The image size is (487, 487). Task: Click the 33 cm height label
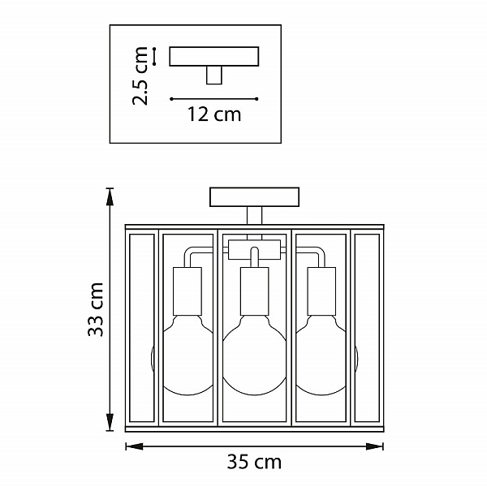96,309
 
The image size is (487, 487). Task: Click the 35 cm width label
254,462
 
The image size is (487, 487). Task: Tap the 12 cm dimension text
214,114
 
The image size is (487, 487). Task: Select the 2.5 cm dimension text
140,75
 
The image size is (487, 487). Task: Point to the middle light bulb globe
254,356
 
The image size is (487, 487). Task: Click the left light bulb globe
187,356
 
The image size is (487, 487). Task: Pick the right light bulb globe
321,356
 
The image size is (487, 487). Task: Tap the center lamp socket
254,291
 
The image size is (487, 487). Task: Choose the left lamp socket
187,291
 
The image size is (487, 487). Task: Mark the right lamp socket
321,291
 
